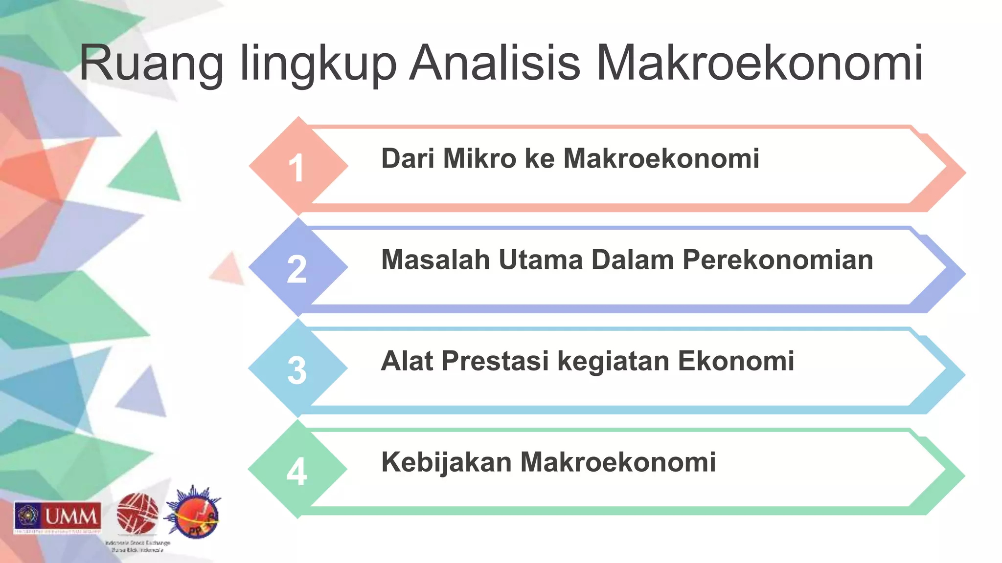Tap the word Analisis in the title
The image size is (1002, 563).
coord(495,64)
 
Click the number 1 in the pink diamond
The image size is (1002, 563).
coord(296,168)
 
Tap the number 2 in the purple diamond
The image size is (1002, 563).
coord(296,269)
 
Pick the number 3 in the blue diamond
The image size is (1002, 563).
coord(296,370)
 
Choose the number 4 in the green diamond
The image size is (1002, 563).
coord(296,472)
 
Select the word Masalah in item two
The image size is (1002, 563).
coord(435,260)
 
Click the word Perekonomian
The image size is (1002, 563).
coord(778,260)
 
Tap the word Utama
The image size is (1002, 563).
coord(541,260)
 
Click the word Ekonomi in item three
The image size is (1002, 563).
coord(736,361)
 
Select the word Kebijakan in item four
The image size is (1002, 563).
coord(446,462)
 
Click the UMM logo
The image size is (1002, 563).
coord(58,517)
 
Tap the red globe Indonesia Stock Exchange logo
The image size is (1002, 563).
coord(137,514)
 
